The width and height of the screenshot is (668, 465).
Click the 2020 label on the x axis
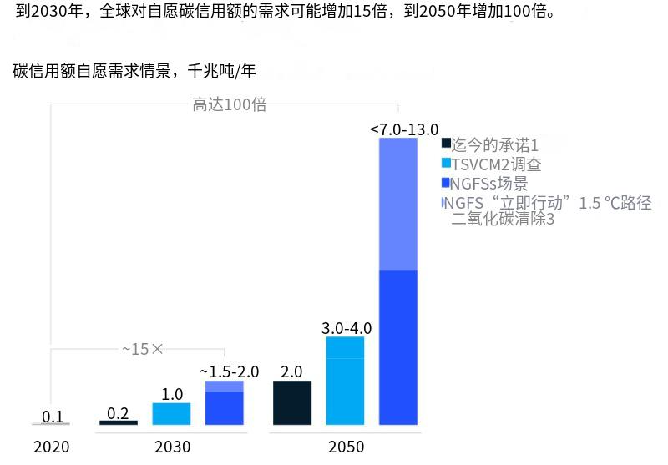pos(52,446)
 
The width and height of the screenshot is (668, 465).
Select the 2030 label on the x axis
pos(172,446)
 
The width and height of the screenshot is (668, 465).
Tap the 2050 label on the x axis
pos(346,446)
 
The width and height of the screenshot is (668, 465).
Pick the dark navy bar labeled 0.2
pos(119,422)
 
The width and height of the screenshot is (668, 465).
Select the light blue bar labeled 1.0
pos(171,413)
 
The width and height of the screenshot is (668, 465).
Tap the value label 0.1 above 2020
pos(53,417)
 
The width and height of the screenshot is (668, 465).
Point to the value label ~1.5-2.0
pos(229,371)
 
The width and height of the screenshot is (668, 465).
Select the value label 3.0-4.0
pos(346,327)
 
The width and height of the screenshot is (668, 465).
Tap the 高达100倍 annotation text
pos(230,104)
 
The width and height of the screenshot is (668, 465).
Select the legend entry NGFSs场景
pos(489,184)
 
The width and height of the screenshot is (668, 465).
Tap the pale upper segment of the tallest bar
pos(397,205)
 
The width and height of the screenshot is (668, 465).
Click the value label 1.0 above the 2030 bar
pos(172,393)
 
